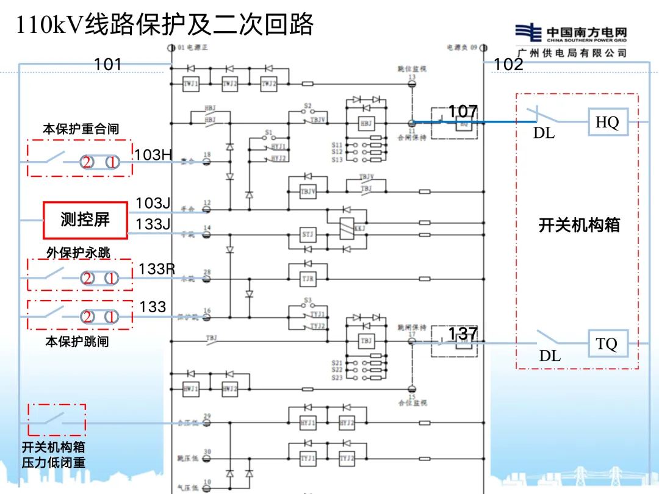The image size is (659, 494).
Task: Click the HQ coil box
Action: [607, 122]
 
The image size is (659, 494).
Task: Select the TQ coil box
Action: [607, 344]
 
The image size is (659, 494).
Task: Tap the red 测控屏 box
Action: [85, 220]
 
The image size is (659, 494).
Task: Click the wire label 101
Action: [108, 64]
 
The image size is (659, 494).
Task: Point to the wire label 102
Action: [508, 64]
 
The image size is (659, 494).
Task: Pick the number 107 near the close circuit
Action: [463, 112]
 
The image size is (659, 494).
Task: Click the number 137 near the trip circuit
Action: [463, 334]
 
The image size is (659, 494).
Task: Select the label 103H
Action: [153, 155]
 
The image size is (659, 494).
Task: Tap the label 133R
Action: [157, 269]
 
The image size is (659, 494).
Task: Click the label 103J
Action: [153, 203]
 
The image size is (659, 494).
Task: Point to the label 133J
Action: [153, 224]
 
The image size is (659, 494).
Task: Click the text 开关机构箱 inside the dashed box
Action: [579, 225]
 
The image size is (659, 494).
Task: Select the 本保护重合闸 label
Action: [81, 129]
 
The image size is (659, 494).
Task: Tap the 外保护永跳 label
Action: [79, 252]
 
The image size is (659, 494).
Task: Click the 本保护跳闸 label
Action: [77, 342]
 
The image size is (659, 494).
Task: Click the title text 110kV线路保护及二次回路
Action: [165, 25]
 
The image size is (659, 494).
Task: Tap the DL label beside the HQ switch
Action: [544, 132]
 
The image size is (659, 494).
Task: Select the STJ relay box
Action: [308, 234]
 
